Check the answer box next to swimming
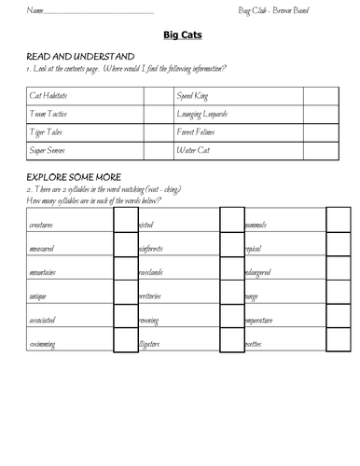point(125,342)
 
